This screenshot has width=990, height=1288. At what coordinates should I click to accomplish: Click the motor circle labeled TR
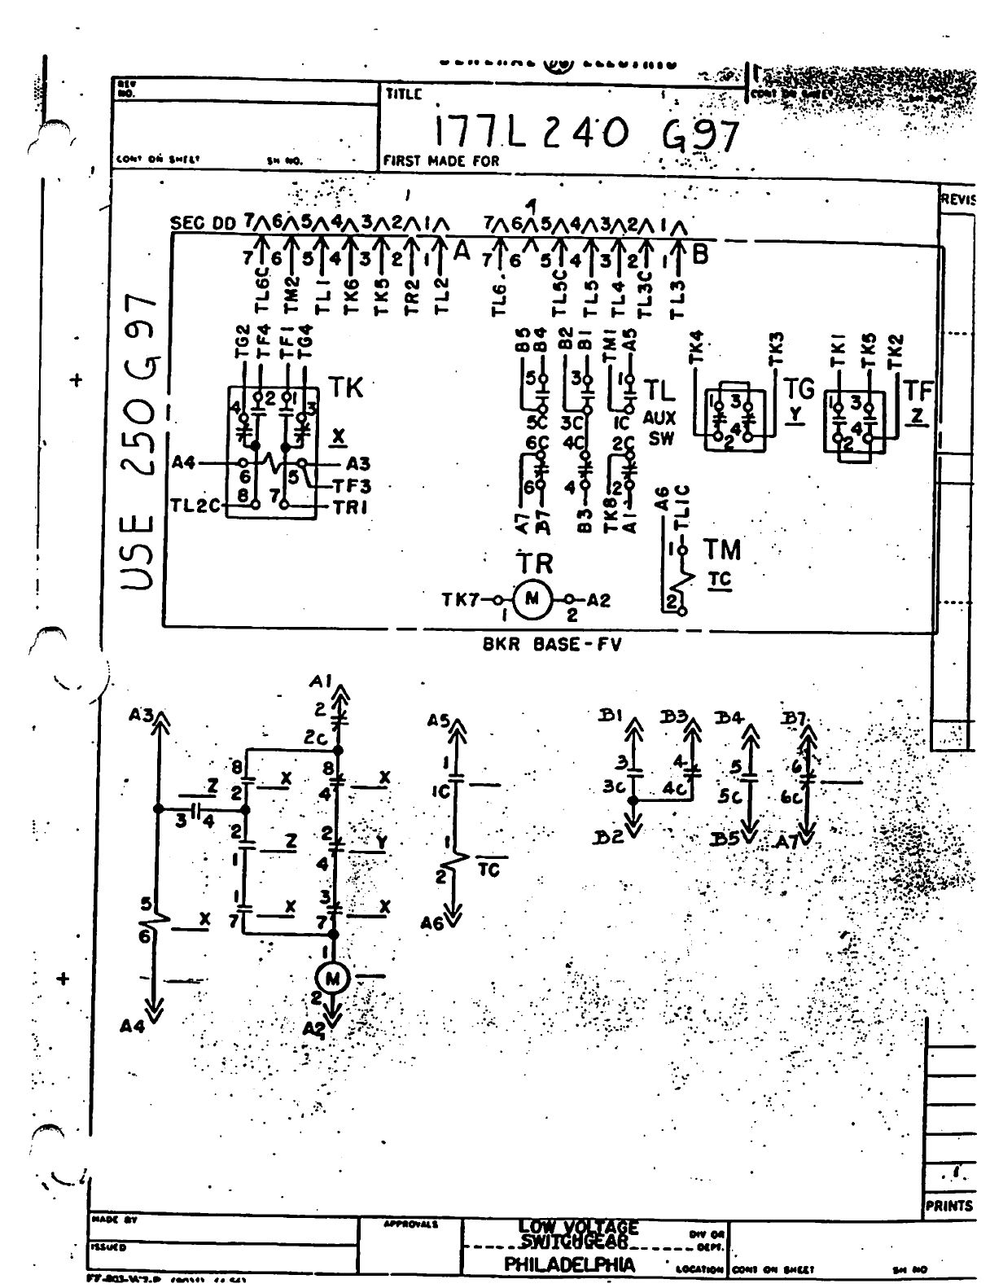(532, 600)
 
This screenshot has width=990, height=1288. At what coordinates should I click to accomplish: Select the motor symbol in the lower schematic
(332, 977)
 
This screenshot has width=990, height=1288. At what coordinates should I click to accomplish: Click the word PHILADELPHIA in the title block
(570, 1264)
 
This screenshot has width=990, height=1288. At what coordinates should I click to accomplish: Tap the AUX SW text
(659, 428)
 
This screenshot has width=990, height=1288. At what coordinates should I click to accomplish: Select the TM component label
(722, 550)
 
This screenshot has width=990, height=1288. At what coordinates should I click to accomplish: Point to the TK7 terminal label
(459, 600)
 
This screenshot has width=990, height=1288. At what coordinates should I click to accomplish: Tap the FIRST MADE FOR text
(440, 161)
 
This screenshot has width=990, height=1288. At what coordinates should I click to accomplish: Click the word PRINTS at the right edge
(949, 1206)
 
